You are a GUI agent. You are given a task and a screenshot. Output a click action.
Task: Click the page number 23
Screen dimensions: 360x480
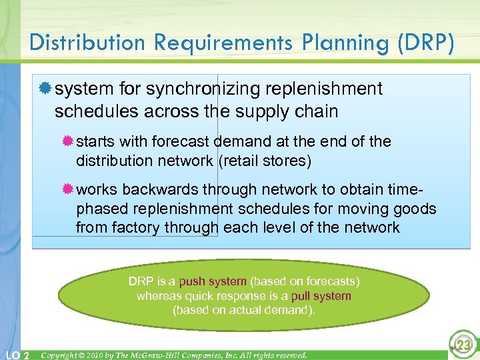(462, 345)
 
